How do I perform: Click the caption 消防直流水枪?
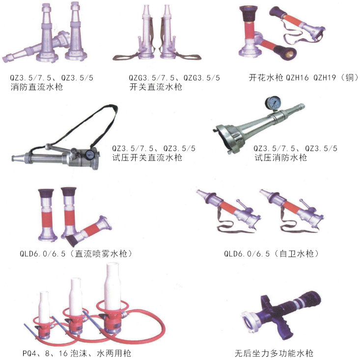[x=36, y=87]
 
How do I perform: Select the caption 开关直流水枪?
[x=156, y=87]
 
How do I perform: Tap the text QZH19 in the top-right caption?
[x=325, y=78]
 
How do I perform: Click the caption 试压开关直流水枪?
[x=147, y=158]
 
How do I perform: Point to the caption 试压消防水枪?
[x=280, y=158]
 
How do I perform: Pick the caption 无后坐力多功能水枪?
[x=274, y=354]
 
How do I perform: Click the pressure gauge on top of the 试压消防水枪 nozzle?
[x=273, y=103]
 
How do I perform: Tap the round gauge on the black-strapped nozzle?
[x=89, y=155]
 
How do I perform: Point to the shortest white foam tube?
[x=44, y=307]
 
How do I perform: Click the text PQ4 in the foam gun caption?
[x=29, y=354]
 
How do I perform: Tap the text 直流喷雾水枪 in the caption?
[x=101, y=254]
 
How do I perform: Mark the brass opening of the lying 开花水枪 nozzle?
[x=289, y=54]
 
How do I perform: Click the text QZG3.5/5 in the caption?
[x=201, y=78]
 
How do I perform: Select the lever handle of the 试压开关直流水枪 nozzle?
[x=58, y=148]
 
